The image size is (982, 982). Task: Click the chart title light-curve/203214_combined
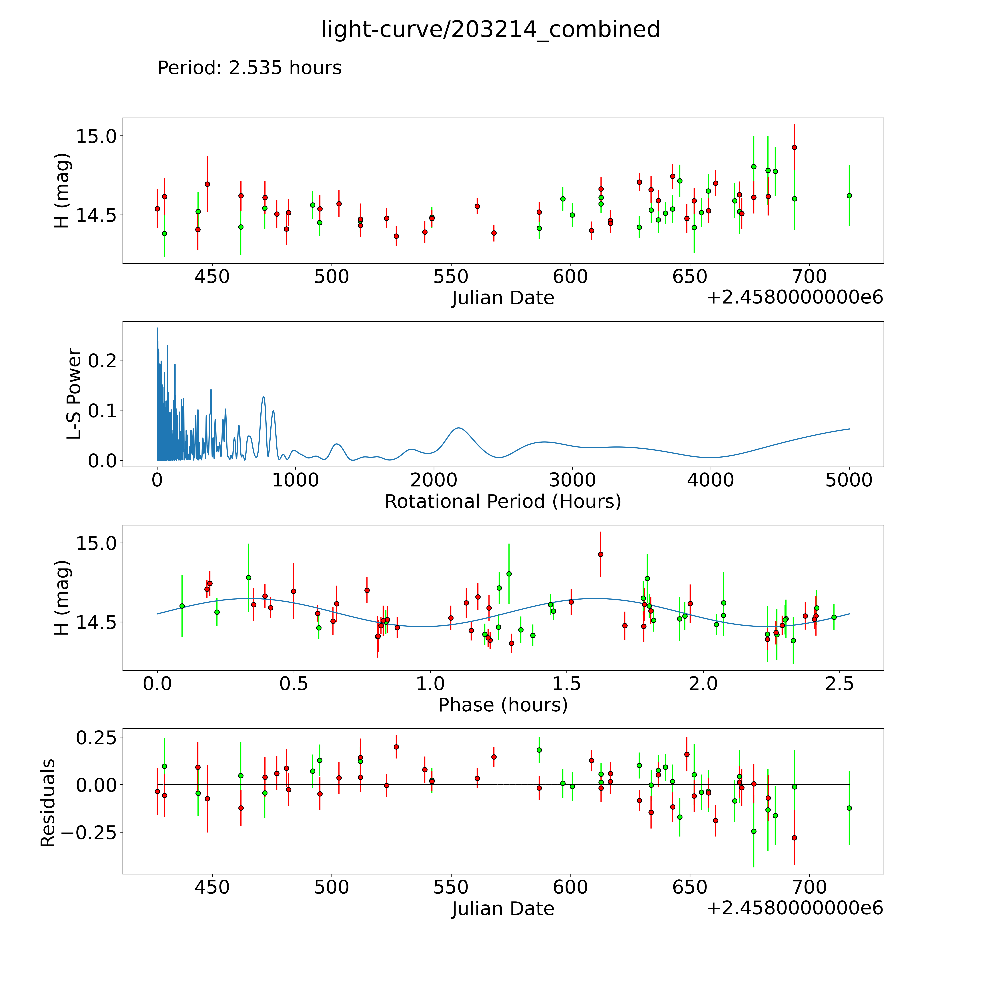[490, 29]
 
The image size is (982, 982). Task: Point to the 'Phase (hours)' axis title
[503, 705]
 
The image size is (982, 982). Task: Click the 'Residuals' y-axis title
[47, 803]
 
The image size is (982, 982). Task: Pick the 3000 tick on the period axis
[572, 480]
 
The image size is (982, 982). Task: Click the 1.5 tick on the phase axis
[567, 684]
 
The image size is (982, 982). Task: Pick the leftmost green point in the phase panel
[182, 606]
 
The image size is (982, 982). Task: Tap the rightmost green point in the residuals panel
[849, 808]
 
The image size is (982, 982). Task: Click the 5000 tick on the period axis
[849, 480]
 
